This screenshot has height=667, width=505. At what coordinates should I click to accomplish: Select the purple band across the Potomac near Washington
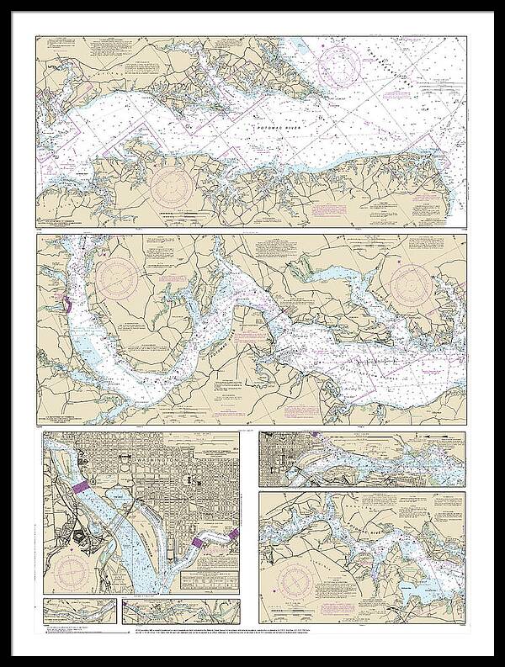(x=81, y=487)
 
